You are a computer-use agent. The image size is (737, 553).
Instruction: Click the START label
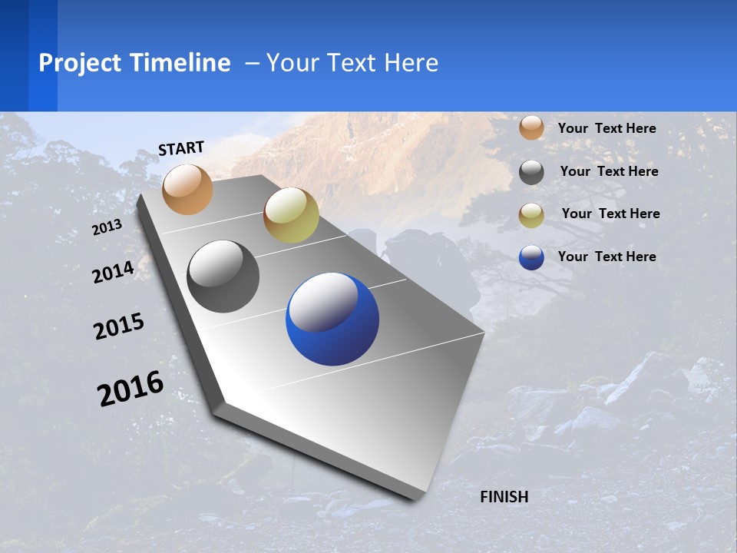coord(181,148)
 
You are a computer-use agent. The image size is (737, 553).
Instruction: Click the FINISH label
coord(504,497)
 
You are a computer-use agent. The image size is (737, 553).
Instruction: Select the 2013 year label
coord(107,227)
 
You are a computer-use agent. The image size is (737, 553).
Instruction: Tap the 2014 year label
coord(113,272)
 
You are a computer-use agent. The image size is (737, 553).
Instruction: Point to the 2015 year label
coord(119,326)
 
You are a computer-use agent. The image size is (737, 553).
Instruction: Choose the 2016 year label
coord(131,389)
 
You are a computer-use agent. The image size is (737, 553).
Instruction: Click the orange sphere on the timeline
coord(188,189)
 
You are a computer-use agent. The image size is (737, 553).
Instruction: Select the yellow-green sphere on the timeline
coord(291,215)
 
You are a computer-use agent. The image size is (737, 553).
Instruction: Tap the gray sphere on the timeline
coord(223,276)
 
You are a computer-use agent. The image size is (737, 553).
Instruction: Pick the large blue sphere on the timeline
coord(332,319)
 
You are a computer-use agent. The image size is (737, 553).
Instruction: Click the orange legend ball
coord(531,127)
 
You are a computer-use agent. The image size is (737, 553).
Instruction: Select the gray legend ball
coord(531,172)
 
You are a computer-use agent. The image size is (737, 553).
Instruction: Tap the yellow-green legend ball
coord(531,215)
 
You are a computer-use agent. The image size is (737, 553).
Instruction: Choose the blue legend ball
coord(531,257)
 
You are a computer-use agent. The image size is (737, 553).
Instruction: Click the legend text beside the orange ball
coord(606,128)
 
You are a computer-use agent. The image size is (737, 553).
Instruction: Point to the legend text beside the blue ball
coord(606,257)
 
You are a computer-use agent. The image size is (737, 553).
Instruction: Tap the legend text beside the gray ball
coord(609,171)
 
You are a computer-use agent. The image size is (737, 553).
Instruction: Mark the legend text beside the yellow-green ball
coord(610,214)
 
